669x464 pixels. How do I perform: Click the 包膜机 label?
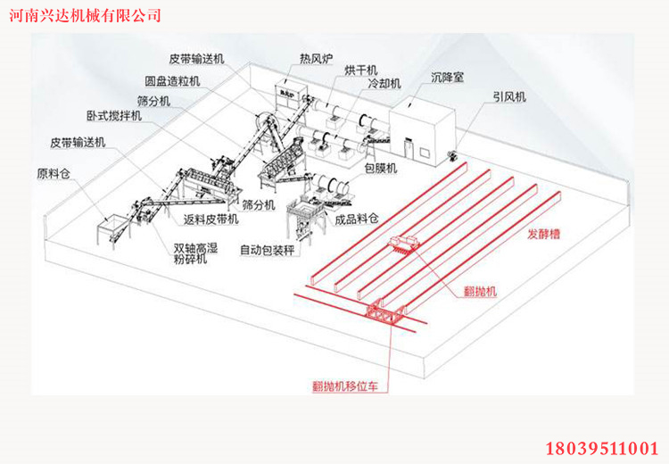[x=381, y=167]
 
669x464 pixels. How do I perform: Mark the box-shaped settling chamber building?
[x=425, y=125]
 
